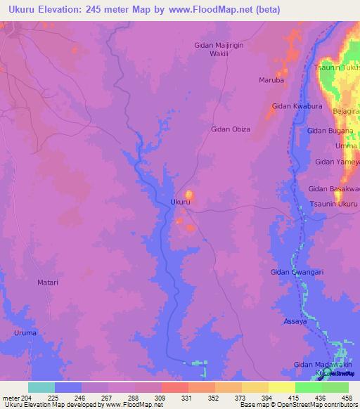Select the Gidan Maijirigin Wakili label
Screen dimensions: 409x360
tap(222, 51)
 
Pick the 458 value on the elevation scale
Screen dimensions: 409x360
tap(347, 397)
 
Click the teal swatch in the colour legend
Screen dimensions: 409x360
tap(41, 387)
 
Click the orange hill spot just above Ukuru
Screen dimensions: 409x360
tap(188, 194)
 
